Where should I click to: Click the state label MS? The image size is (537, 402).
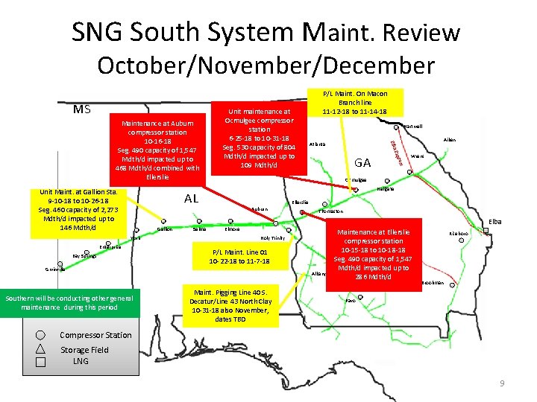(x=82, y=109)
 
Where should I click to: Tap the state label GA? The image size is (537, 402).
(x=363, y=162)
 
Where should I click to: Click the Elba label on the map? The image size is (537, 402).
(x=494, y=222)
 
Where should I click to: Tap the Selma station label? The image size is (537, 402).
(x=199, y=229)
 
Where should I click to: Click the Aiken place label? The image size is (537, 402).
(x=450, y=140)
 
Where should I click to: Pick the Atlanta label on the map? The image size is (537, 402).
(x=316, y=144)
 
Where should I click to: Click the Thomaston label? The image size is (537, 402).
(x=331, y=211)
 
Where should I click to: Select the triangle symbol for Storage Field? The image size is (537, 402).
(x=40, y=348)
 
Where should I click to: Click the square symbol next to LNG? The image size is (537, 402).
(x=40, y=362)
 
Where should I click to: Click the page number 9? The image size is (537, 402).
(x=502, y=383)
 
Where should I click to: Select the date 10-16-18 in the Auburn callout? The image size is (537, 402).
(x=157, y=141)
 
